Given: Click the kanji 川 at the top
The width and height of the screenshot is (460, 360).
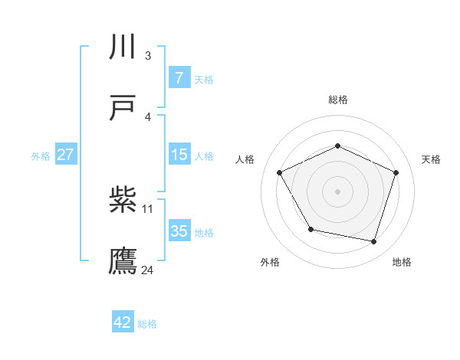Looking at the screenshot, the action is [123, 48].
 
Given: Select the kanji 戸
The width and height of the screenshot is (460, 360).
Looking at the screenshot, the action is [123, 108].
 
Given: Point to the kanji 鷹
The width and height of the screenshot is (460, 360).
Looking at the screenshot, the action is [123, 260].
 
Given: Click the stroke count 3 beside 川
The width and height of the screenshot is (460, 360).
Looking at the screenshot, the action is [147, 55].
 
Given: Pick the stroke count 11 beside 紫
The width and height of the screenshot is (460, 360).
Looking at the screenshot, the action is [148, 208].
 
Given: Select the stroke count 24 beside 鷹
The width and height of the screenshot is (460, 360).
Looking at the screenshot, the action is [148, 270].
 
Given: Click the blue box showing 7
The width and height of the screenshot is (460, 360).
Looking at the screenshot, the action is [179, 77].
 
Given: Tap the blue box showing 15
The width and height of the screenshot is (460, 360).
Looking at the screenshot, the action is [179, 155].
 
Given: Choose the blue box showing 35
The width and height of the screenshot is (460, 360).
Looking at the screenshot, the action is [179, 231].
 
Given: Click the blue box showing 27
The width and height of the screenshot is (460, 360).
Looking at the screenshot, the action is [66, 155].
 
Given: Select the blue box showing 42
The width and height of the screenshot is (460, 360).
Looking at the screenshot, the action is [122, 322].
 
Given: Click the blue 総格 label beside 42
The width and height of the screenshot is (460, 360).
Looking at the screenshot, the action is [147, 324].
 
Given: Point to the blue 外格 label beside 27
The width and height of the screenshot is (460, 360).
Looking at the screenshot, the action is [41, 155].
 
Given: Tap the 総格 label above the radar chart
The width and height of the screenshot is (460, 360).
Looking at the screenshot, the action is [338, 100].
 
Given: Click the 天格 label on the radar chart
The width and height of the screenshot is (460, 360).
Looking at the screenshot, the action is [432, 159].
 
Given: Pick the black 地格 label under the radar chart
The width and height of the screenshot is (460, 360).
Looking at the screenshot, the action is [402, 262].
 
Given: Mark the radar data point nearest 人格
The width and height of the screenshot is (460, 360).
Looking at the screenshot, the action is [280, 172].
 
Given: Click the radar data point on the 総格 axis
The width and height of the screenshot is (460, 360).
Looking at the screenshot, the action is [338, 146].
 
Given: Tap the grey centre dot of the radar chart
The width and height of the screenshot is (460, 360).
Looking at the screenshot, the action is [338, 191].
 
